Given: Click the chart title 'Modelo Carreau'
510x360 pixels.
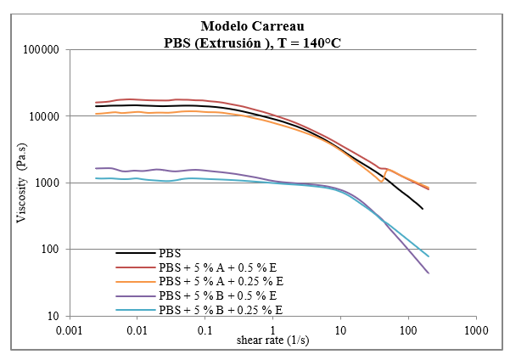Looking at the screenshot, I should (255, 25).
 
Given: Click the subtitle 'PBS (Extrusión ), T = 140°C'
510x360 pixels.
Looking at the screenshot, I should (255, 42).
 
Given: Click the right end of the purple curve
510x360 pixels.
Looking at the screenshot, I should (429, 273).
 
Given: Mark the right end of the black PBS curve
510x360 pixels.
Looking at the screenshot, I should (423, 209).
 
